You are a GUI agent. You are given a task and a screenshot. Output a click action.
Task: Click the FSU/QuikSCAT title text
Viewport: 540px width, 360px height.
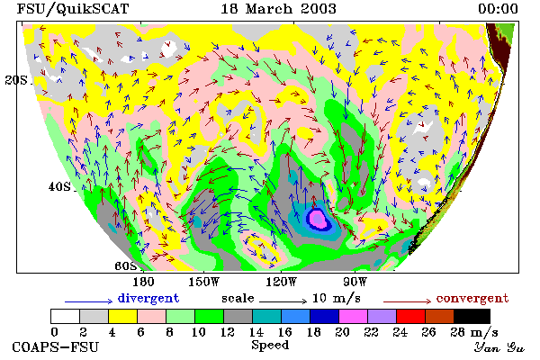point(73,9)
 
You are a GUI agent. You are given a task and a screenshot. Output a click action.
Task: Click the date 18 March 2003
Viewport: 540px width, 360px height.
point(278,9)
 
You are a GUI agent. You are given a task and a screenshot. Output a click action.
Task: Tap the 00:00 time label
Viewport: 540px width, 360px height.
point(498,9)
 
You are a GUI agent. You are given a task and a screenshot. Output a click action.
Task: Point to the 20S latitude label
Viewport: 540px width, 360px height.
point(16,80)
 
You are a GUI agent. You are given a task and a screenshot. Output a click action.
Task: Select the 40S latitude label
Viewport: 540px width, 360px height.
point(59,186)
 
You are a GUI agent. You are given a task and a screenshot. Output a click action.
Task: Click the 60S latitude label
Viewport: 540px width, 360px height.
point(126,266)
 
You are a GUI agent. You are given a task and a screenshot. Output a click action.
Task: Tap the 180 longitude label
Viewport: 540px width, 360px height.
point(143,282)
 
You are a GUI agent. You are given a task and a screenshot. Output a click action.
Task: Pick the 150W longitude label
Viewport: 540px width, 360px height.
point(204,282)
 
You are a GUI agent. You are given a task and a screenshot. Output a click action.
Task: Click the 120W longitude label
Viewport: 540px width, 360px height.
point(281,282)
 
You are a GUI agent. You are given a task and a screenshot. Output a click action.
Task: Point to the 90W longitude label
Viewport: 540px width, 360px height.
point(355,282)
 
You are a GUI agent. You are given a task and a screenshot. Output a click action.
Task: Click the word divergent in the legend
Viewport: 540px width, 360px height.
point(148,298)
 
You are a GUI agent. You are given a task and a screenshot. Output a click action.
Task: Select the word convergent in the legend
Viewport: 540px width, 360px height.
point(472,298)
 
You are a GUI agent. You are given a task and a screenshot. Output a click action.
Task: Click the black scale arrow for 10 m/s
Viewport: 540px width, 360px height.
point(283,301)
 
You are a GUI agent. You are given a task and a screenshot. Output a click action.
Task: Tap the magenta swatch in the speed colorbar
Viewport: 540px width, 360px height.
point(353,316)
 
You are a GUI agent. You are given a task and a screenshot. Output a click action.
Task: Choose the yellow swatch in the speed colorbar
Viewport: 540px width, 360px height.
point(122,316)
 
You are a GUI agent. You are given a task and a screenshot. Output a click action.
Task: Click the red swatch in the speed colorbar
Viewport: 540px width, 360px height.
point(410,316)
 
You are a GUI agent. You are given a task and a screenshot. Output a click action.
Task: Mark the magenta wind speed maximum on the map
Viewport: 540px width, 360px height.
point(317,219)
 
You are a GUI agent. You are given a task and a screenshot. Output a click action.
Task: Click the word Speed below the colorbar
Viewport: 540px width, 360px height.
point(270,346)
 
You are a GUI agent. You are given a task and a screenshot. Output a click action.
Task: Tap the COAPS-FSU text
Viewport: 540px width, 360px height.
point(56,346)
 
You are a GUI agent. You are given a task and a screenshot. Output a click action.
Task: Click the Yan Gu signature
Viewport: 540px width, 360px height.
point(499,347)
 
